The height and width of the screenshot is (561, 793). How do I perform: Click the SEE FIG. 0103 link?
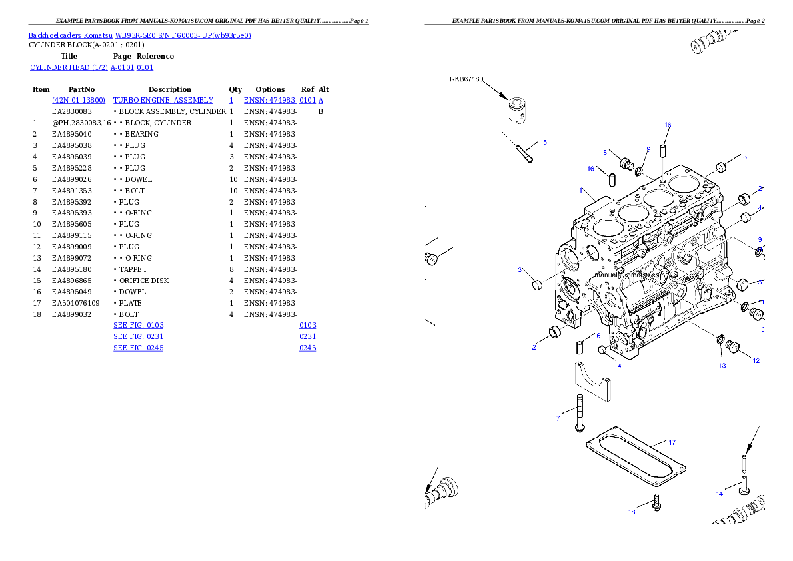click(x=139, y=325)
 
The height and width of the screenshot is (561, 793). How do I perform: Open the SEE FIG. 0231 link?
click(x=139, y=336)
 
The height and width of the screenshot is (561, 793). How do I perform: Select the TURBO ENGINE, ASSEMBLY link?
click(x=163, y=100)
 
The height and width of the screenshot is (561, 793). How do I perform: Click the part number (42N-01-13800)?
click(x=79, y=100)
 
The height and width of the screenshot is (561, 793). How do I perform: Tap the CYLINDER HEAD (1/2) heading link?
click(x=92, y=67)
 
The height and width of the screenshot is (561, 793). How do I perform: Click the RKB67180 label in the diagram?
click(x=466, y=79)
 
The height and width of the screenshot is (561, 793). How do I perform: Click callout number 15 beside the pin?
click(x=543, y=142)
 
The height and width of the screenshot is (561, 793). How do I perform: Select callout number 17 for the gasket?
click(x=672, y=442)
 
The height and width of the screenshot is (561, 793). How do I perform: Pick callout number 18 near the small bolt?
click(x=631, y=512)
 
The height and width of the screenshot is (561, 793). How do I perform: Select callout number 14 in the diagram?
click(x=720, y=494)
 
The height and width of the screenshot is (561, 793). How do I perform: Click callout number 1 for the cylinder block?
click(x=580, y=190)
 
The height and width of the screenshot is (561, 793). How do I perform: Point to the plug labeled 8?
click(x=625, y=163)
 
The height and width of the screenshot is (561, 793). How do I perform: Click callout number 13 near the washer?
click(x=722, y=365)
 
